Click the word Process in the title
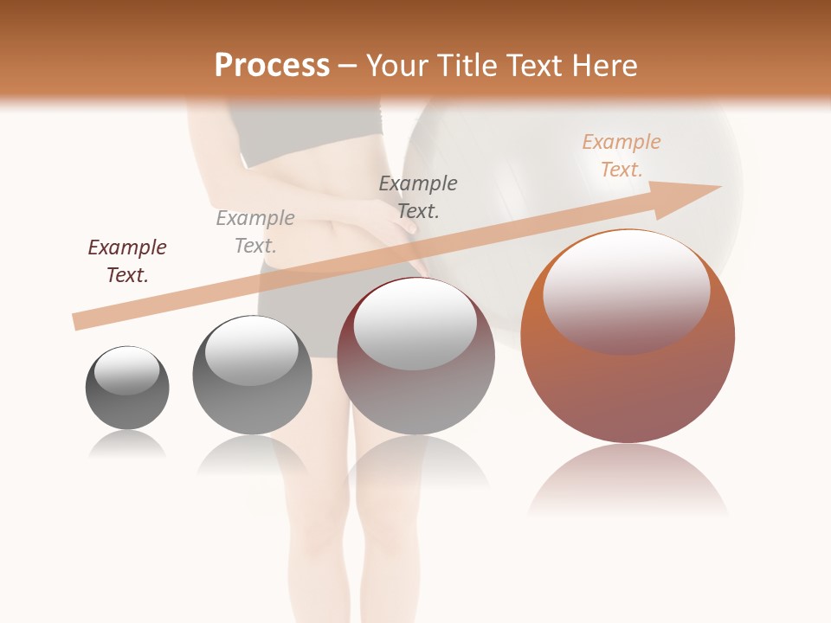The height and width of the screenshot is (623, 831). point(272,65)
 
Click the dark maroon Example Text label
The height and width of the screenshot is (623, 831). point(127,260)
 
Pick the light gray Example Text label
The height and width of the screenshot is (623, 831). point(255,232)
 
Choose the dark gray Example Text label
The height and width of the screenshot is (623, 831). point(418,196)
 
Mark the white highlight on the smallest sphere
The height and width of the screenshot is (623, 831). point(127,370)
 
